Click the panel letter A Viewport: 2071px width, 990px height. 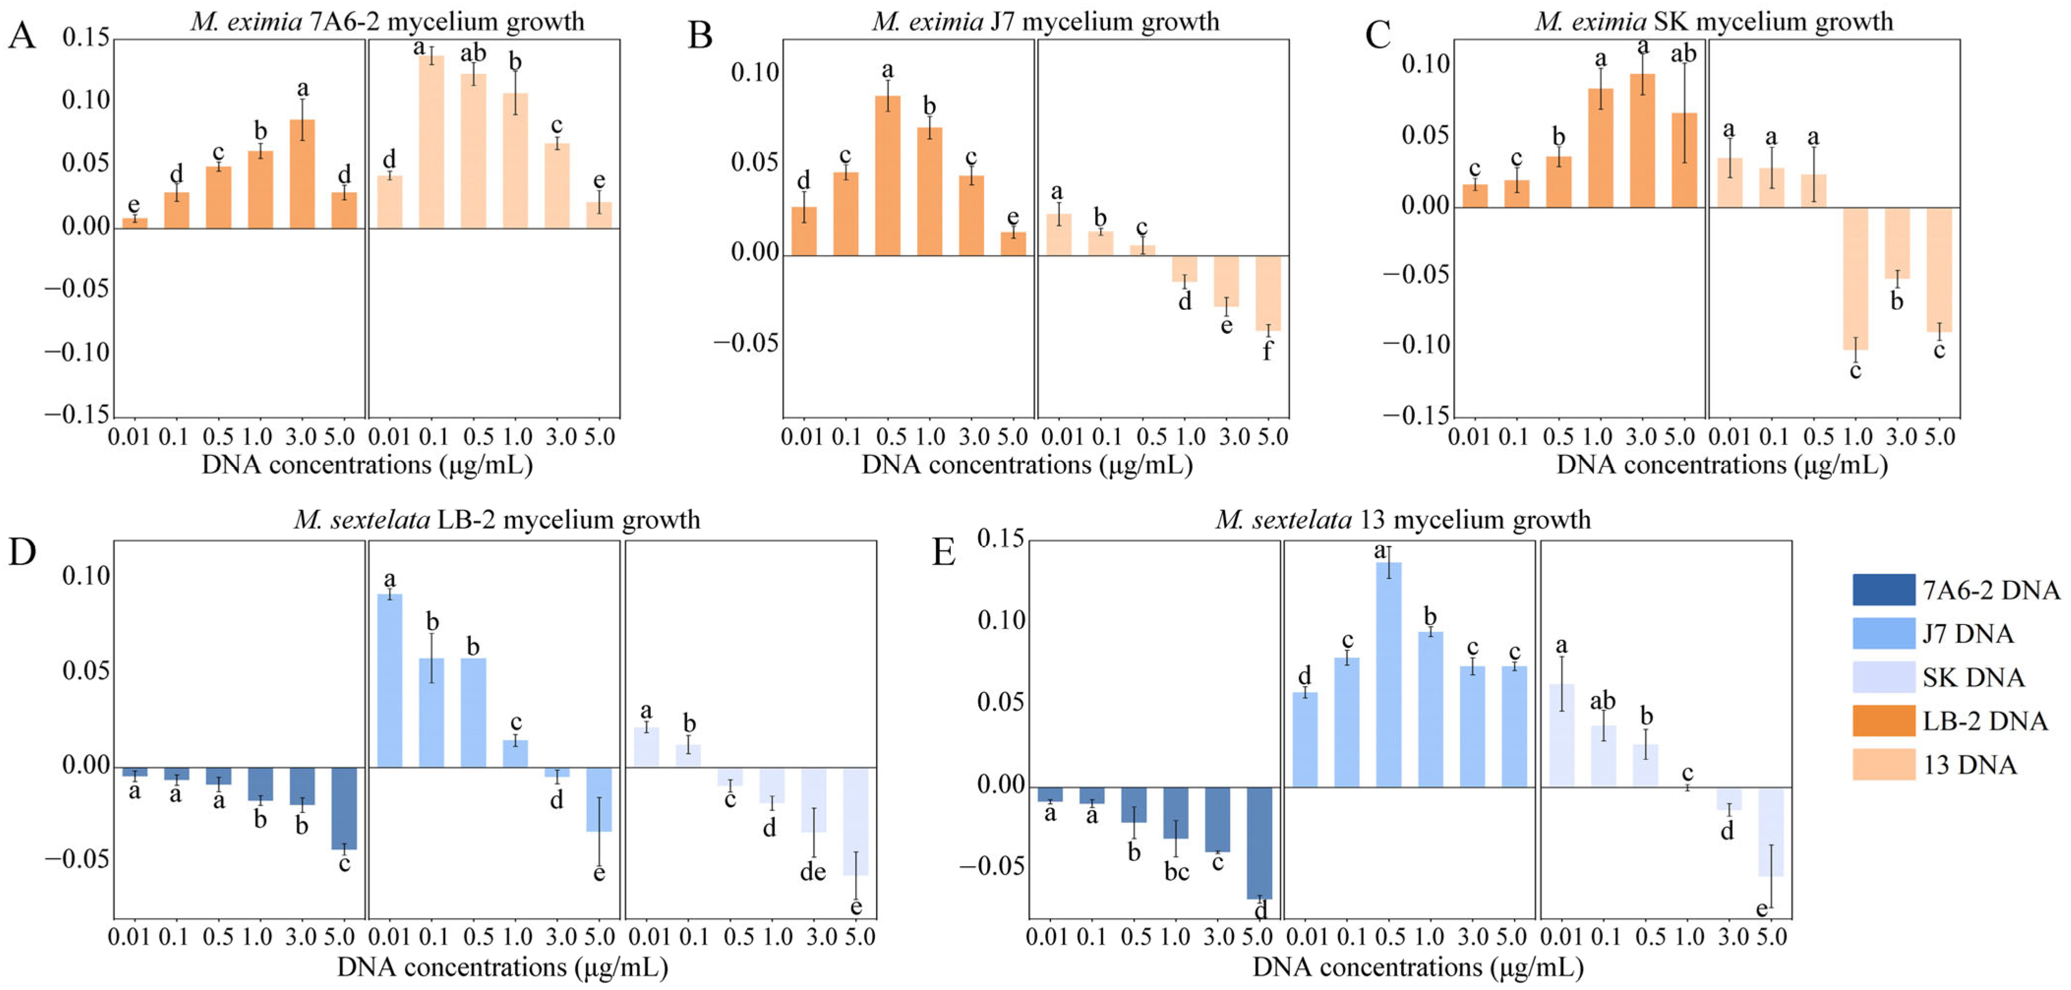22,36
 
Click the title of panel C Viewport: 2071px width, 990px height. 1713,21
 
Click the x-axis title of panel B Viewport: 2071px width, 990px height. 1027,465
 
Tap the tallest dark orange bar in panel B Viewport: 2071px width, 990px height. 888,175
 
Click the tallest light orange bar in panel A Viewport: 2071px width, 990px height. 431,142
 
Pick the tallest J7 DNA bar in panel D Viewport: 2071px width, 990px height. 390,680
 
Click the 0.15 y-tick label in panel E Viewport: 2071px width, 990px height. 1001,540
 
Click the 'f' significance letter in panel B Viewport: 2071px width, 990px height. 1267,352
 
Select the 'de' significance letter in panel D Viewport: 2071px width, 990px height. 813,872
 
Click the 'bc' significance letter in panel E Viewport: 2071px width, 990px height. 1176,872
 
